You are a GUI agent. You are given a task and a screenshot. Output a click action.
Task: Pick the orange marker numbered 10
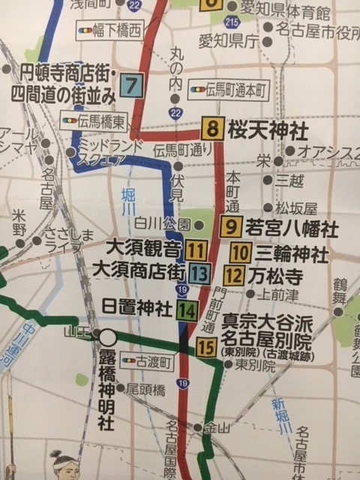click(x=240, y=253)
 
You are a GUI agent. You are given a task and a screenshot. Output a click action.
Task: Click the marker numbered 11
click(x=198, y=250)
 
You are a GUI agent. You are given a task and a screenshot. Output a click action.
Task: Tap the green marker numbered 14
click(x=187, y=309)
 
